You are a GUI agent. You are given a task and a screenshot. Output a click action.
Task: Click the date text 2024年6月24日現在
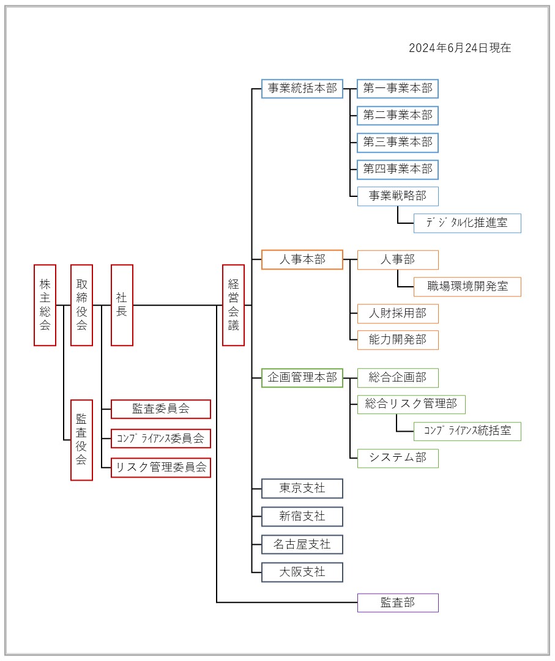pos(460,48)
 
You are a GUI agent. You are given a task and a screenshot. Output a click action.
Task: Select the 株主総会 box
pos(45,305)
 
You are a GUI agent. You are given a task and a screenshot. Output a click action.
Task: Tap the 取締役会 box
pos(81,305)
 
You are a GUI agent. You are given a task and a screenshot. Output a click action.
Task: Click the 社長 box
pos(122,305)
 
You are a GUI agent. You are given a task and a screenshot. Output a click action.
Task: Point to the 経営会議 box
pos(233,305)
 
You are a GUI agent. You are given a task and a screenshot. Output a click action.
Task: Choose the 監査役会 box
pos(81,440)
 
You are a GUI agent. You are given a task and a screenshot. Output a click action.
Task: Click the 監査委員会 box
pos(161,409)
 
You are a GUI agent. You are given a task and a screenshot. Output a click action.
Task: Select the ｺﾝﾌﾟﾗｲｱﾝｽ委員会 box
pos(161,438)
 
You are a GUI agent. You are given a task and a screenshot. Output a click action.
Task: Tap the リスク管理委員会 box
pos(161,468)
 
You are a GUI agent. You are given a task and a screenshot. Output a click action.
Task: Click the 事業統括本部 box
pos(302,89)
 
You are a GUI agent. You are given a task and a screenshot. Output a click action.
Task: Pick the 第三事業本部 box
pos(398,142)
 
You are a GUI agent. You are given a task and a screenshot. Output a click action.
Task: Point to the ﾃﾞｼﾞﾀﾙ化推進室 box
pos(467,223)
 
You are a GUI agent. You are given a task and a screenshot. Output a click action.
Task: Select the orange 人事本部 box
pos(302,260)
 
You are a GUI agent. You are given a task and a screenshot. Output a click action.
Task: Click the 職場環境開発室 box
pos(467,287)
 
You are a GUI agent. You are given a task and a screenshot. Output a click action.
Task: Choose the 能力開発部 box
pos(398,340)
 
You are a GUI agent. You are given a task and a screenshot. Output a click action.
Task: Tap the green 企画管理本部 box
pos(302,378)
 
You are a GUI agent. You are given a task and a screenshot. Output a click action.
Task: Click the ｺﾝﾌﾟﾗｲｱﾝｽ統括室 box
pos(467,431)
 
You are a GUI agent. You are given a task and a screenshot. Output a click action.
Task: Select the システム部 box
pos(398,458)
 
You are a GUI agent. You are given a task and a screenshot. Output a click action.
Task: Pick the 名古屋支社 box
pos(302,544)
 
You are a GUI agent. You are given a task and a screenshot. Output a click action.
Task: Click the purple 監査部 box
pos(398,603)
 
